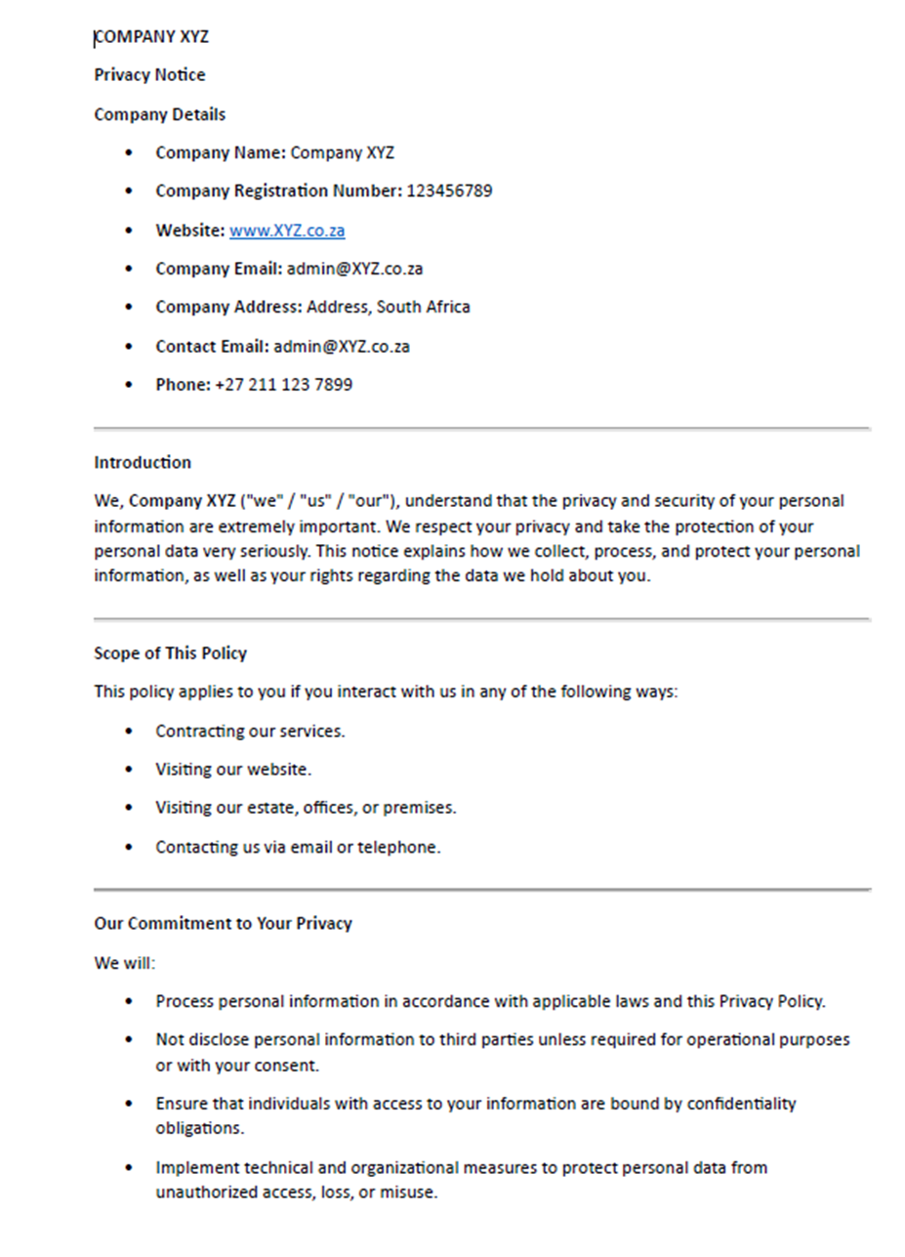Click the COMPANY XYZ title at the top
coord(151,37)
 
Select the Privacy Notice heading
coord(149,75)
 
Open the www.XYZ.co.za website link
coord(287,230)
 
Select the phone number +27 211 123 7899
coord(283,385)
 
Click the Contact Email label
coord(212,346)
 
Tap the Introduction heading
coord(143,462)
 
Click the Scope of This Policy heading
coord(170,653)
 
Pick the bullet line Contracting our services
coord(250,731)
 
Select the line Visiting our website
coord(233,770)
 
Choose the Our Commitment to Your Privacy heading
coord(223,923)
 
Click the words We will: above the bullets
coord(124,963)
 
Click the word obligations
coord(199,1128)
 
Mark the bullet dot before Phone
coord(131,385)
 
